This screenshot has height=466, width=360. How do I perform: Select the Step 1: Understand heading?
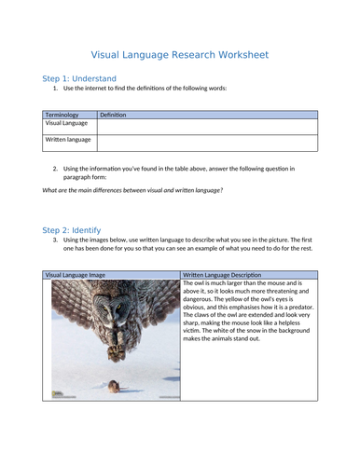(79, 78)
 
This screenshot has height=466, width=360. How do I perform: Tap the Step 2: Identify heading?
(72, 229)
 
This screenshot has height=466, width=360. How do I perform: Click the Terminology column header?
(62, 115)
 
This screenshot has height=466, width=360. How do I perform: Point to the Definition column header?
(113, 115)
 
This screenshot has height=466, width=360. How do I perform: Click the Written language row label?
(68, 140)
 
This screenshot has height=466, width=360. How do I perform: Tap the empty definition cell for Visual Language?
(206, 126)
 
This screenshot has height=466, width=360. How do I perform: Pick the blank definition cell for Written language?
(206, 143)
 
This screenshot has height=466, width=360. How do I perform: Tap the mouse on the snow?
(113, 384)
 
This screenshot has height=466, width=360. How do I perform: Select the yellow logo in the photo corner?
(58, 394)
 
